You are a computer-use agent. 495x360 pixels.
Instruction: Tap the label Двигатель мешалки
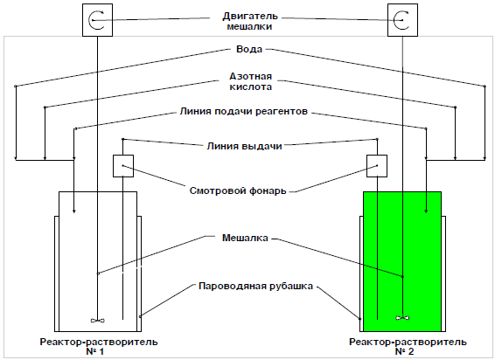coord(250,21)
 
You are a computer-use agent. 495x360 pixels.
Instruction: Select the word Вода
coord(249,49)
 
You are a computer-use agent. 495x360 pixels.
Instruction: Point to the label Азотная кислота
coord(251,81)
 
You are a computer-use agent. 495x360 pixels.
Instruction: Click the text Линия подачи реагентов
coord(244,111)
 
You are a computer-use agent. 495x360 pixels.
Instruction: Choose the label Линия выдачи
coord(244,146)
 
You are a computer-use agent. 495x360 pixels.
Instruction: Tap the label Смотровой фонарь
coord(238,190)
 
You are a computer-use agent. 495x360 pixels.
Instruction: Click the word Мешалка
coord(245,238)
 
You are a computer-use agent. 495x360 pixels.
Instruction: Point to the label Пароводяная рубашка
coord(255,287)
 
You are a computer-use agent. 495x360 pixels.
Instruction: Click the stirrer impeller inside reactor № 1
coord(98,321)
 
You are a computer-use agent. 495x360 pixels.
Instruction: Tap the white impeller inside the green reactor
coord(402,318)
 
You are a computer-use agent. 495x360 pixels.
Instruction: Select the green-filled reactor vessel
coord(402,261)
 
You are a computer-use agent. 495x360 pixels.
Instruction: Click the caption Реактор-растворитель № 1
coord(99,346)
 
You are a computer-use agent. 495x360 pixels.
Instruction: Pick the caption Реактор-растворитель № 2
coord(408,346)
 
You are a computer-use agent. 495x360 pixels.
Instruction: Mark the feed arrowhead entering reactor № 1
coord(73,211)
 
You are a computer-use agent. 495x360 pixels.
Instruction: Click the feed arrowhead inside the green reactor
coord(426,211)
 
